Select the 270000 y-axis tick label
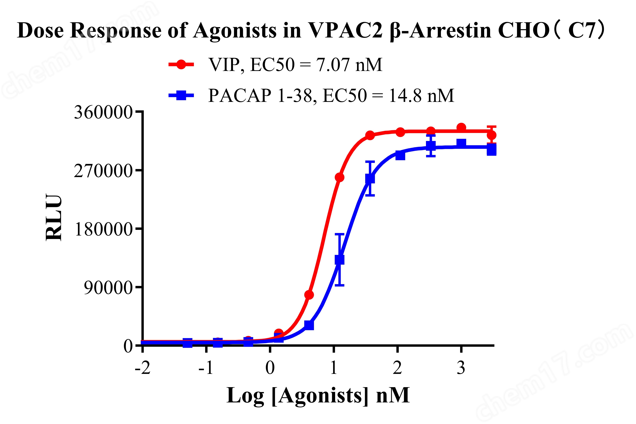103,171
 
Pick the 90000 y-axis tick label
108,288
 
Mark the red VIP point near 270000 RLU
339,177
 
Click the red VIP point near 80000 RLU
309,295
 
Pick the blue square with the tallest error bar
339,260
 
